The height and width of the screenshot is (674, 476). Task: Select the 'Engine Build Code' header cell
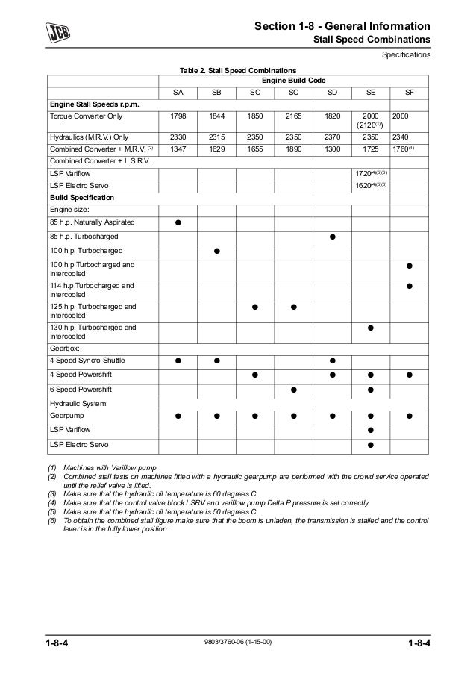tap(292, 79)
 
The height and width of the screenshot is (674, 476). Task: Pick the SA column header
tap(178, 93)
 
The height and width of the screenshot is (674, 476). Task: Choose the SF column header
tap(409, 93)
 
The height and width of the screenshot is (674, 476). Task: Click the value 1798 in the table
tap(178, 117)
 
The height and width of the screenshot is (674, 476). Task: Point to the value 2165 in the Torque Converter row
tap(293, 117)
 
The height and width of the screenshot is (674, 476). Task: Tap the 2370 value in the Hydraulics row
tap(331, 137)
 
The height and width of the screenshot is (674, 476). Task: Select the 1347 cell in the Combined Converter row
tap(178, 149)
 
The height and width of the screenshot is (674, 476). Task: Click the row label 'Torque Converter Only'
tap(82, 117)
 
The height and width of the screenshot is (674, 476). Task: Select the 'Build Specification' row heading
tap(82, 198)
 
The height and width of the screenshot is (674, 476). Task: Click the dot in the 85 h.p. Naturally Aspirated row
tap(178, 223)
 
